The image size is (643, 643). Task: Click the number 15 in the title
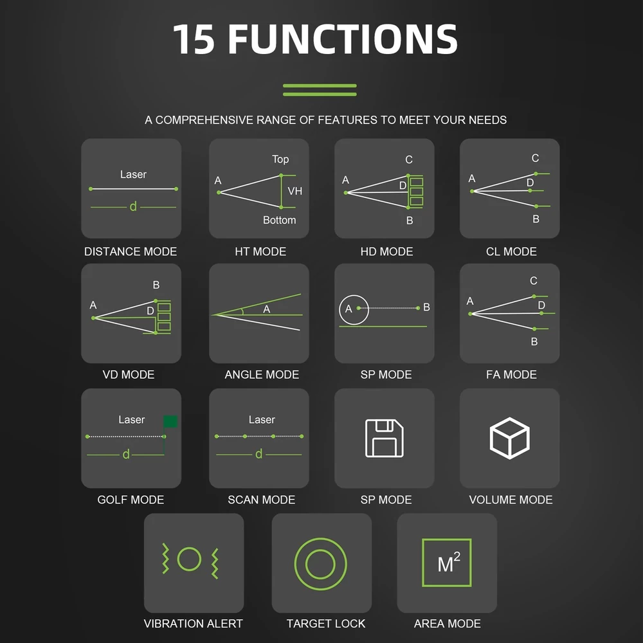[x=194, y=39]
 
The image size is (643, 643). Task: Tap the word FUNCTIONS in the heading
[x=343, y=39]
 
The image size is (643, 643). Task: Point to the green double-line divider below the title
[x=320, y=90]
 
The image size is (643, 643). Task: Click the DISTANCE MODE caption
[x=131, y=251]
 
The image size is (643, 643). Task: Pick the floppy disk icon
[x=385, y=438]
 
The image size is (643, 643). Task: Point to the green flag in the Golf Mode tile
[x=170, y=422]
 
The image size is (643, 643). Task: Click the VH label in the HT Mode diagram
[x=295, y=191]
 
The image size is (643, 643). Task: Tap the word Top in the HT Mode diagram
[x=280, y=159]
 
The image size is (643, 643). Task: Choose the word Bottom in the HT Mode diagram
[x=279, y=220]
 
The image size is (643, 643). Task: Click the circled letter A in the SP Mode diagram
[x=349, y=309]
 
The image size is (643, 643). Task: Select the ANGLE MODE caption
[x=262, y=374]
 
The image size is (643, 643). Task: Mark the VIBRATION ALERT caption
[x=193, y=624]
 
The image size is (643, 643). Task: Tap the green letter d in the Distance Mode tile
[x=133, y=206]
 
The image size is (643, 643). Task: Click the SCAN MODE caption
[x=261, y=500]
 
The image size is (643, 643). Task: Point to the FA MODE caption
[x=511, y=374]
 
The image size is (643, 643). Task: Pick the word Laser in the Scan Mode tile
[x=262, y=419]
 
